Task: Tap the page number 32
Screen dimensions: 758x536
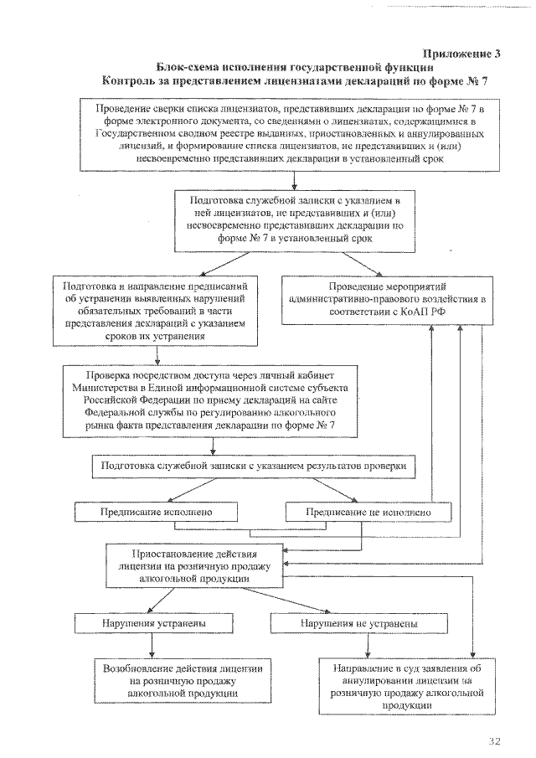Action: coord(493,741)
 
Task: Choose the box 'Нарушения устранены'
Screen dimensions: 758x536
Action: coord(150,624)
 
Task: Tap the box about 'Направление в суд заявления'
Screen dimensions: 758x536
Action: coord(406,687)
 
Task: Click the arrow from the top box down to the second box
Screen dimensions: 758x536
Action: coord(292,182)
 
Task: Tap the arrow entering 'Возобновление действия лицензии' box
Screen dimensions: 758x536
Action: coord(151,646)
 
